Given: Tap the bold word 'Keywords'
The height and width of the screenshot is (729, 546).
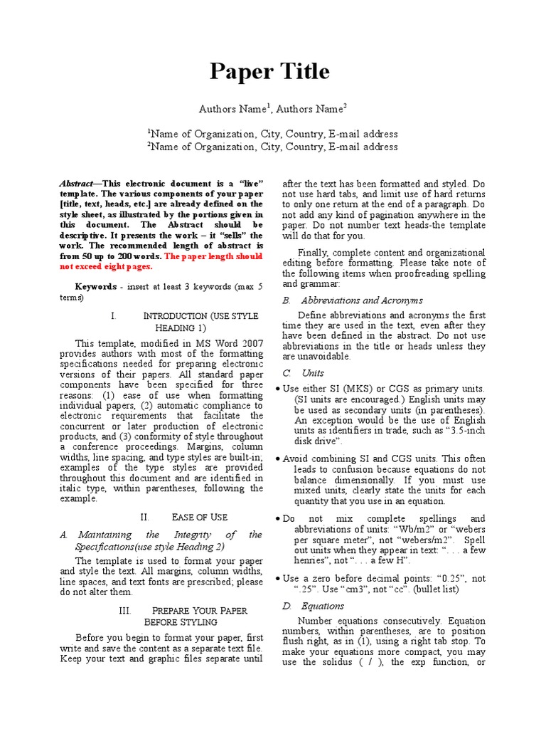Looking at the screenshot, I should [x=95, y=286].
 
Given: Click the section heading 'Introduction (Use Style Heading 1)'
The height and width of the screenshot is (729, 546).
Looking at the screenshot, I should [x=185, y=321].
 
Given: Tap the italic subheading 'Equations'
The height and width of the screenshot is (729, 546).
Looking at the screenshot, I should [x=322, y=606].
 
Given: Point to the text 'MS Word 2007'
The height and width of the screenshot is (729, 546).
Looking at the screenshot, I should [x=232, y=342].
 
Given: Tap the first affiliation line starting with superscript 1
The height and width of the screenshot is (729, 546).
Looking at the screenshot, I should [x=272, y=134].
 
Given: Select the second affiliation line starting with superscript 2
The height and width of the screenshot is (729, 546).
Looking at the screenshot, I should [x=272, y=147].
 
